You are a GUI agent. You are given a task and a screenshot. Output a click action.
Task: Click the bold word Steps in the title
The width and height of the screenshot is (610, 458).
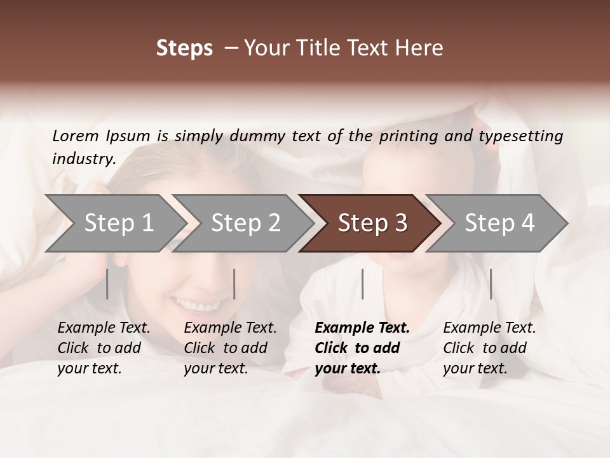pos(184,48)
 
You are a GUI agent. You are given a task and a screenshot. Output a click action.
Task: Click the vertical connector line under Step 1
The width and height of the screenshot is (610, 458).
pos(107,284)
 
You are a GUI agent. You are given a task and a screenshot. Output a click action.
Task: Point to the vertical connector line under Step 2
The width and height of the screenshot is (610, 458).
pos(234,284)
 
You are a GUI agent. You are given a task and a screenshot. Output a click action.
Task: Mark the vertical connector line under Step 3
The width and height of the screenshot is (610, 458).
pos(362,284)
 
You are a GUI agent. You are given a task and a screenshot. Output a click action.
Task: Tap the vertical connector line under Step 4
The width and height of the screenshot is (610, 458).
pos(491,284)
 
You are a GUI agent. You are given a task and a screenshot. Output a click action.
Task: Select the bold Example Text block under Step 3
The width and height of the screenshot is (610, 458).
pos(362,348)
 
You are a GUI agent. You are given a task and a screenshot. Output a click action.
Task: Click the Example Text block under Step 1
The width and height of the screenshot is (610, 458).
pos(104,348)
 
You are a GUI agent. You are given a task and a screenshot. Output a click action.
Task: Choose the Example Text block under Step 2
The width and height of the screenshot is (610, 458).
pos(230,348)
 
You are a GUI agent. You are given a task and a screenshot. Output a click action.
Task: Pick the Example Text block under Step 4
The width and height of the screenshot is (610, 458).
pos(489,348)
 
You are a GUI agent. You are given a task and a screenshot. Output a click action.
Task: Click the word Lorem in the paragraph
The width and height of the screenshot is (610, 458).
pos(76,136)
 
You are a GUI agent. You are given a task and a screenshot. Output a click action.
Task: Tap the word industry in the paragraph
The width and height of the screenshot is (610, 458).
pos(83,159)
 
